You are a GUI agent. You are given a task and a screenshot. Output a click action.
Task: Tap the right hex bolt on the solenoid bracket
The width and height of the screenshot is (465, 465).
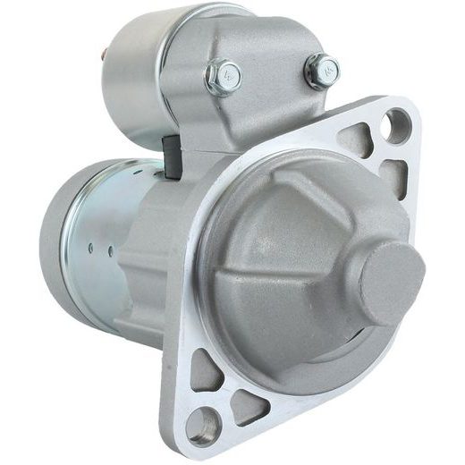pos(323,71)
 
